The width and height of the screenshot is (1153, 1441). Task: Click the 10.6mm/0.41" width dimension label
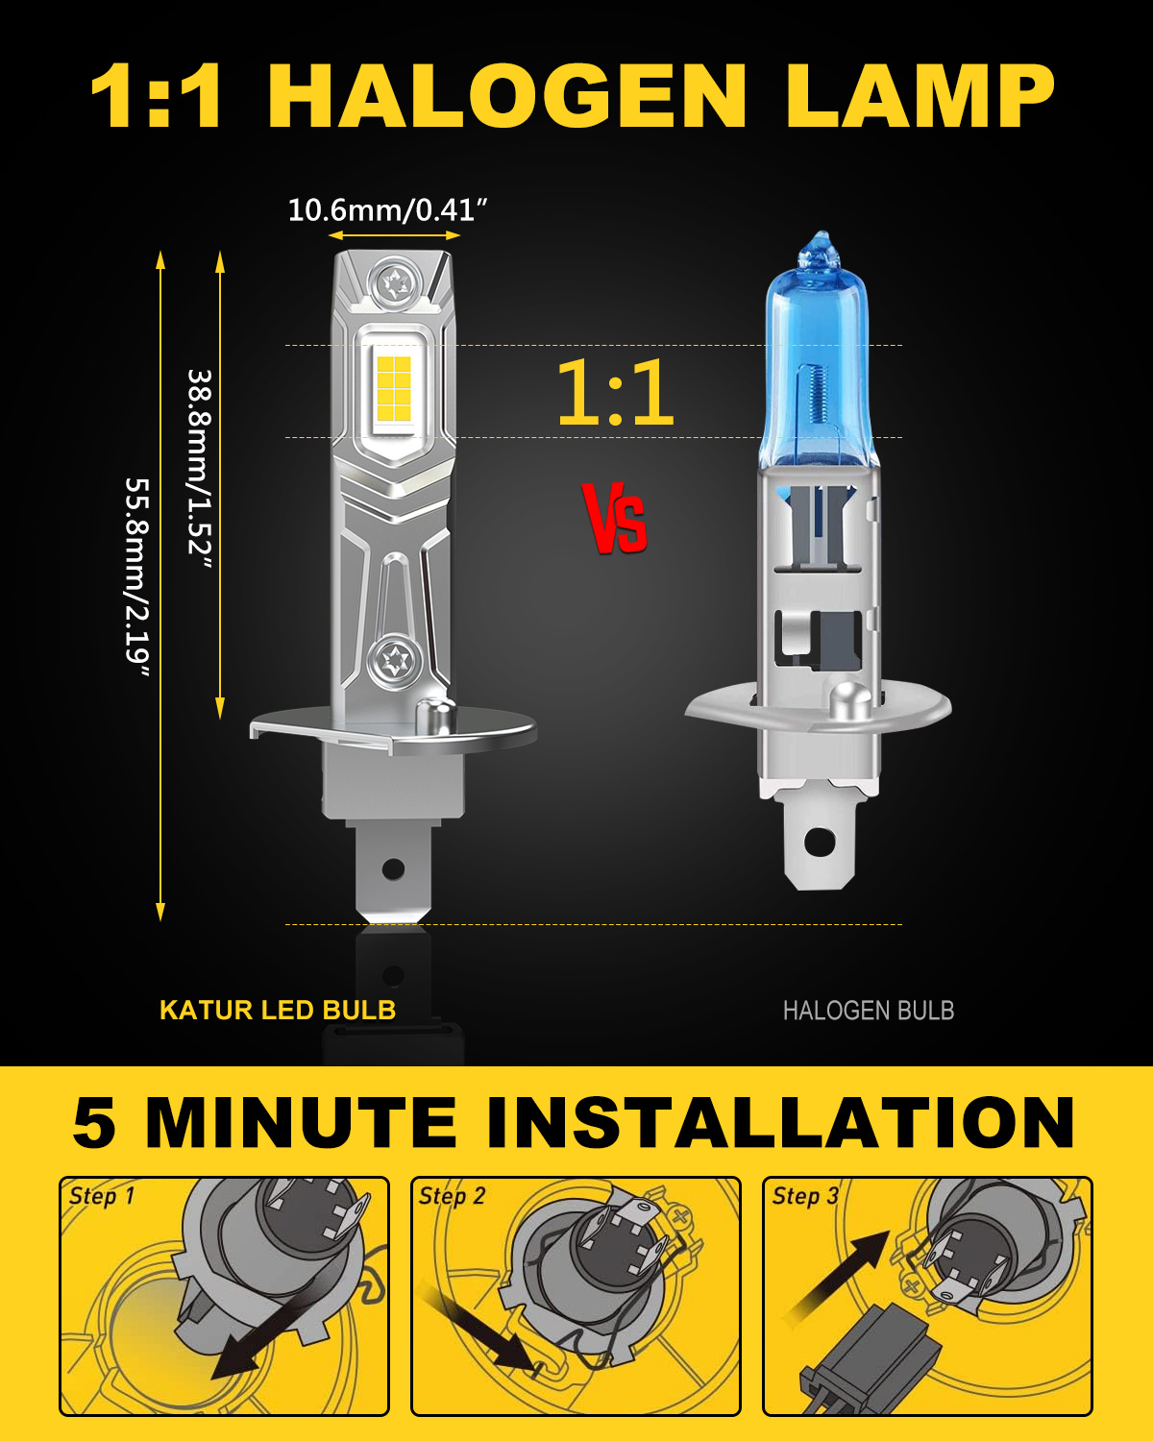[387, 211]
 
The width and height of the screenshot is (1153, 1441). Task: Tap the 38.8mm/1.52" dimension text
[199, 470]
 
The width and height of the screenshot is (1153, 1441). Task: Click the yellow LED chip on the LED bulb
[394, 388]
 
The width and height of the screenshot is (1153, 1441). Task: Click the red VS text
[614, 519]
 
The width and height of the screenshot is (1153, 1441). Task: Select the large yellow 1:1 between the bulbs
[615, 392]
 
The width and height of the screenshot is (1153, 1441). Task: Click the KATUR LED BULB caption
[278, 1011]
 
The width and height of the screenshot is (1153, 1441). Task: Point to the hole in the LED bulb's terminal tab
[393, 869]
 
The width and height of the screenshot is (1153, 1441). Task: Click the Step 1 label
[102, 1195]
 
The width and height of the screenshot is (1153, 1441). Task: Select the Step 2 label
[452, 1195]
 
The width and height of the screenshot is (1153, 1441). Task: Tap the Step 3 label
[804, 1195]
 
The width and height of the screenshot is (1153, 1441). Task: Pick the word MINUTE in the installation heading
[300, 1122]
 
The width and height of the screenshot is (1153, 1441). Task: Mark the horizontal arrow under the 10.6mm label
[394, 235]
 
